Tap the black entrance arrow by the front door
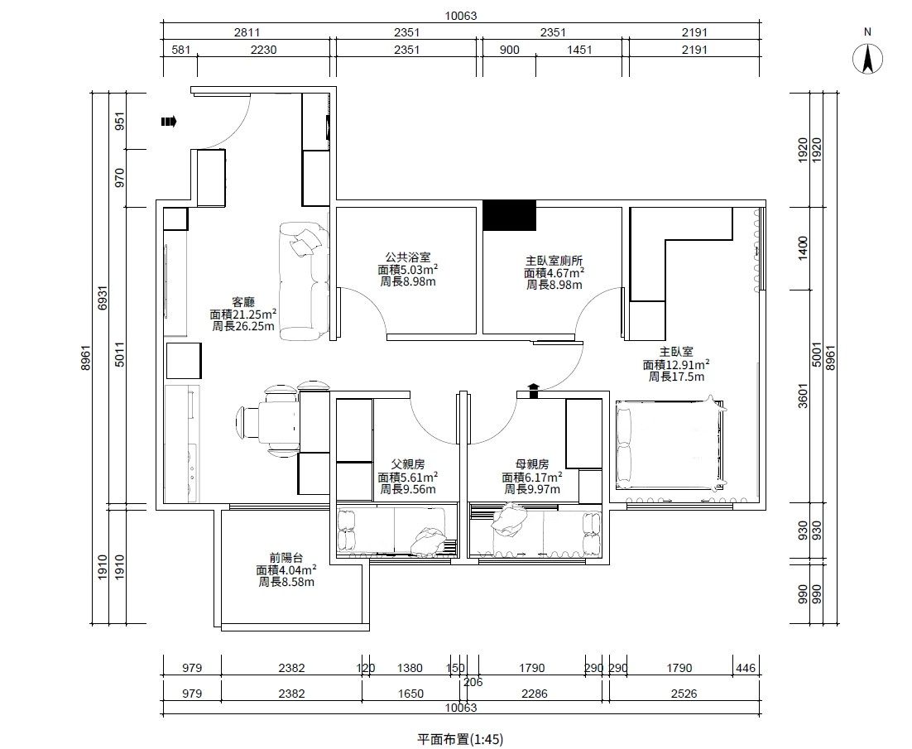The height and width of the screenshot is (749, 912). [x=169, y=122]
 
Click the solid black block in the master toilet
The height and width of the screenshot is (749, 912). [x=509, y=215]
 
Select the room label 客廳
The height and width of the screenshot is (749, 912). [x=243, y=302]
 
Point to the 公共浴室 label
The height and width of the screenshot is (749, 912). [x=408, y=257]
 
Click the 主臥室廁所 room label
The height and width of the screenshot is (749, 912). [x=554, y=261]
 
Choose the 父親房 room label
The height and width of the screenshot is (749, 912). [x=408, y=464]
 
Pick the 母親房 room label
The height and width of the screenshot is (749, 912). [x=532, y=464]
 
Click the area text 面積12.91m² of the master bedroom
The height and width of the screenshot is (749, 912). [x=676, y=365]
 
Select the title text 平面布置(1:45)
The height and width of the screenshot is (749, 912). [x=460, y=739]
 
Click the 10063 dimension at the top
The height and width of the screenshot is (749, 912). [x=461, y=16]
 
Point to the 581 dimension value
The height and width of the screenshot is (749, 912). [x=181, y=50]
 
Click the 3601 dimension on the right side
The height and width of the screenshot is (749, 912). [x=803, y=395]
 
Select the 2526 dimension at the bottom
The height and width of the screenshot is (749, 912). [x=684, y=694]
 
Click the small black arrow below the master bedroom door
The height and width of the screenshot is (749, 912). [x=533, y=391]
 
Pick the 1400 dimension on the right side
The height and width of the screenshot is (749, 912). [x=803, y=248]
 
